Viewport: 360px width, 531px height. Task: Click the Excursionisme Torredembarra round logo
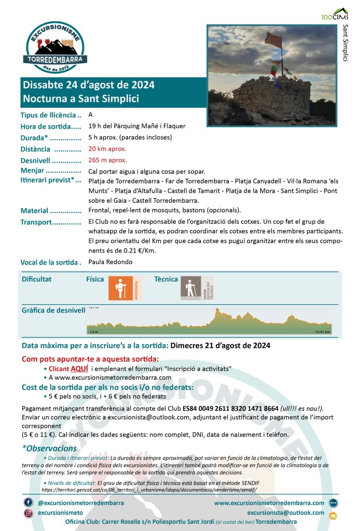56,48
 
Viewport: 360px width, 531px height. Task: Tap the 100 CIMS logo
335,14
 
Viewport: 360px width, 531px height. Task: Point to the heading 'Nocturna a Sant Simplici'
81,98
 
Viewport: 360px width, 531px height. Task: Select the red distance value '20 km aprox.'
107,149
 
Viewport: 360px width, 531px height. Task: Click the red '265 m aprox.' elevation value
107,160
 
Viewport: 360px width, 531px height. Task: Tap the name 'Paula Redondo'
110,262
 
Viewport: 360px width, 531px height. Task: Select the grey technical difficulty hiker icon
191,288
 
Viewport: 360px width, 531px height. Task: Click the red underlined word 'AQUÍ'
79,368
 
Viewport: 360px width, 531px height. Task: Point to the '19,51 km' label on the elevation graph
322,331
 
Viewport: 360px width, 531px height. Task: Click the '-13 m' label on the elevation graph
93,331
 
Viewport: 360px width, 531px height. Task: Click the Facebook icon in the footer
28,502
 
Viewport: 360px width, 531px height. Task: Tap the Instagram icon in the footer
28,513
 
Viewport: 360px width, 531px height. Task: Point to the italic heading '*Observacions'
49,448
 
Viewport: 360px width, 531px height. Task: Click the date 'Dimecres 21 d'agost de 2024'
220,345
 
